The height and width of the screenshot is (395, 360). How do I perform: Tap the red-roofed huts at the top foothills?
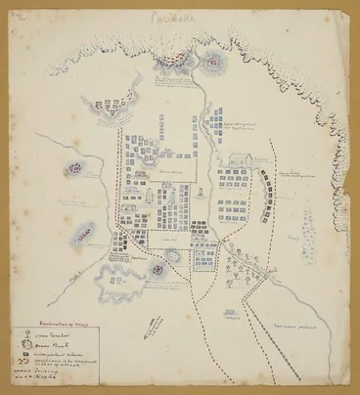[171, 67]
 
